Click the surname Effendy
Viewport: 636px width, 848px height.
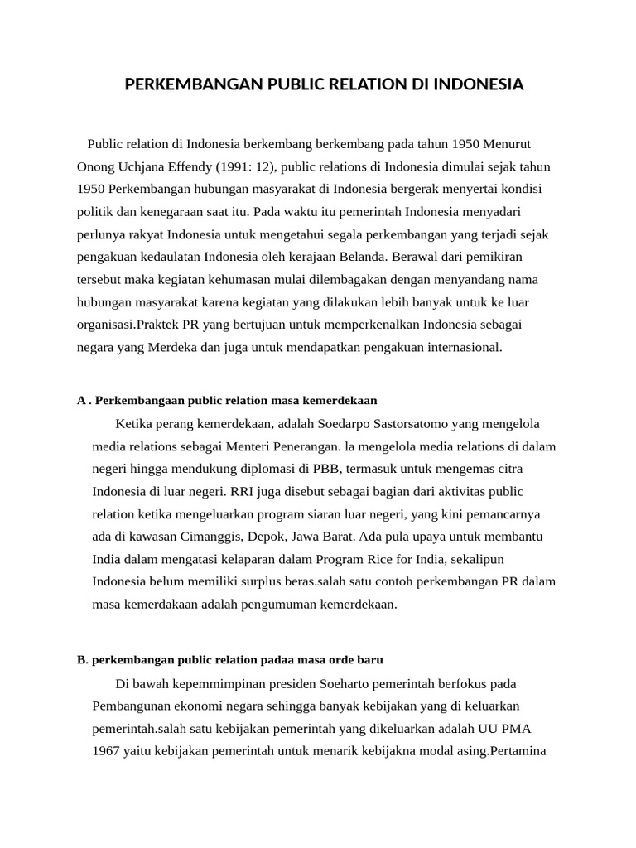pyautogui.click(x=180, y=166)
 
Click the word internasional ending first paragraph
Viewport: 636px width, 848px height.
pyautogui.click(x=461, y=347)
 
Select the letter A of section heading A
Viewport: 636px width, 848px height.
pyautogui.click(x=81, y=400)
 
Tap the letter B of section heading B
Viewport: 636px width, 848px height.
pyautogui.click(x=81, y=660)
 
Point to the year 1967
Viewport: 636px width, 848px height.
pyautogui.click(x=106, y=753)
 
